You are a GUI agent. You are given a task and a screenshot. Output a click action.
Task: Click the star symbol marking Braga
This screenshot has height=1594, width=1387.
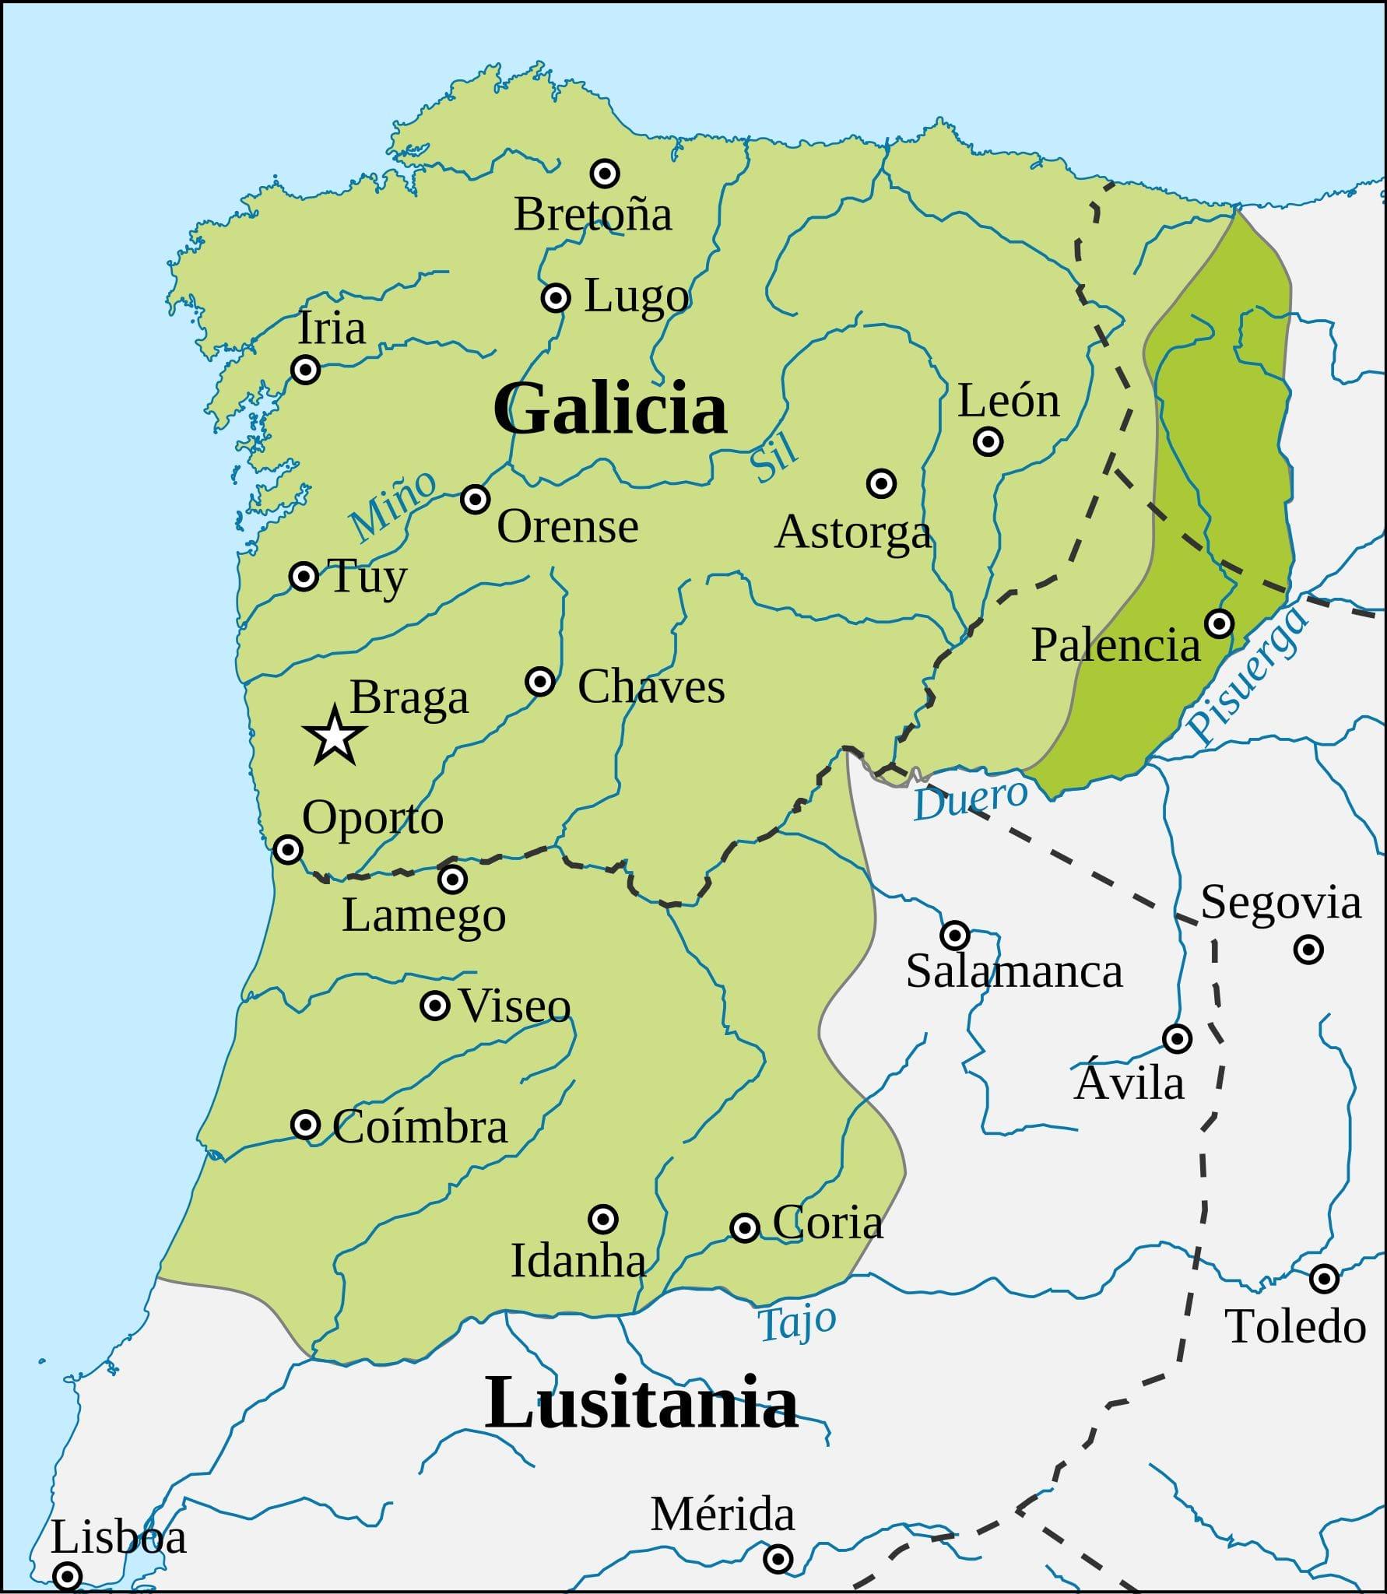pyautogui.click(x=334, y=736)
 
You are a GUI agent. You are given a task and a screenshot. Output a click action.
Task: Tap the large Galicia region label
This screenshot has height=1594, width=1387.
pyautogui.click(x=609, y=408)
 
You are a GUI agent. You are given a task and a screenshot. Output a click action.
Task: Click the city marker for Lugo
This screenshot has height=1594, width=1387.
pyautogui.click(x=556, y=297)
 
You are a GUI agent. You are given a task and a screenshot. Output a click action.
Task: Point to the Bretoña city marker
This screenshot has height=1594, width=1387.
pyautogui.click(x=605, y=173)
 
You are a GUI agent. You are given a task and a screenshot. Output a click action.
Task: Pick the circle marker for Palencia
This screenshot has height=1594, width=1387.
pyautogui.click(x=1219, y=623)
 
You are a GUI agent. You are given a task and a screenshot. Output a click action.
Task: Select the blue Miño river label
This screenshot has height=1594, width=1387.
pyautogui.click(x=392, y=506)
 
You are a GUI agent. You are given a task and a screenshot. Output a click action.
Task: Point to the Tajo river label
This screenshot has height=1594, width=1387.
pyautogui.click(x=796, y=1322)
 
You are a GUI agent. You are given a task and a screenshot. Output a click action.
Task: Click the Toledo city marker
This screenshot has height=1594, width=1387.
pyautogui.click(x=1324, y=1278)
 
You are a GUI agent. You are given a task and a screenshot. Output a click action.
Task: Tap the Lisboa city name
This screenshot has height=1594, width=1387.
pyautogui.click(x=118, y=1537)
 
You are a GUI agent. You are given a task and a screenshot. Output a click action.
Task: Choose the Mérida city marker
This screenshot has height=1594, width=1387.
pyautogui.click(x=778, y=1558)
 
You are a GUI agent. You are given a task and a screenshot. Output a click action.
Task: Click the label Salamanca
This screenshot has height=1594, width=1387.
pyautogui.click(x=1013, y=971)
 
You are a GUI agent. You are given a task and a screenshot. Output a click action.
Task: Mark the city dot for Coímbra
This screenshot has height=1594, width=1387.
pyautogui.click(x=305, y=1125)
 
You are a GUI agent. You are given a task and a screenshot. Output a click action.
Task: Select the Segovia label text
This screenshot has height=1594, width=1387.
pyautogui.click(x=1280, y=903)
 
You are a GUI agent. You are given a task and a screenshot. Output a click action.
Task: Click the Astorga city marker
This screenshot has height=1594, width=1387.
pyautogui.click(x=880, y=483)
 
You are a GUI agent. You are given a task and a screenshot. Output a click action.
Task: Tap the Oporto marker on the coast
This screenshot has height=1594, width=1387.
pyautogui.click(x=288, y=848)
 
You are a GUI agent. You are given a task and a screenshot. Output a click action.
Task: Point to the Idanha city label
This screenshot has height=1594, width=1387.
pyautogui.click(x=578, y=1260)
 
